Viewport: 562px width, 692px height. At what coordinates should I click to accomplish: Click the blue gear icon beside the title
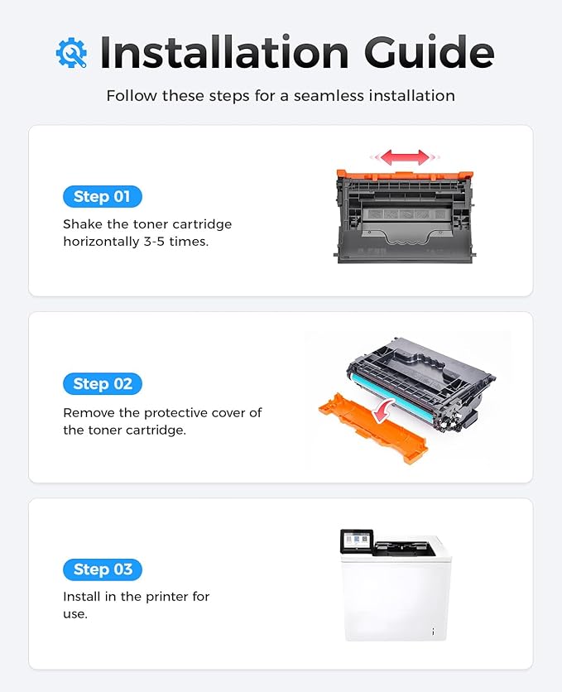pos(71,52)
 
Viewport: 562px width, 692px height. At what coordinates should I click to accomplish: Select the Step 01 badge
pos(102,196)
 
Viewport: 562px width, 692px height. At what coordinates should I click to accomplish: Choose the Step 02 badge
pos(102,383)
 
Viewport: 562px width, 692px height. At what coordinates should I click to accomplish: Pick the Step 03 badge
pos(102,569)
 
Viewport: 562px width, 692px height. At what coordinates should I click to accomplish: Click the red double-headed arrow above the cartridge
pos(406,157)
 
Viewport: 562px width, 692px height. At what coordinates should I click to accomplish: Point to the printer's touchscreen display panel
pos(357,541)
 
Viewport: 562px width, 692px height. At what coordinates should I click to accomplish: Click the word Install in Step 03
pos(83,597)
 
